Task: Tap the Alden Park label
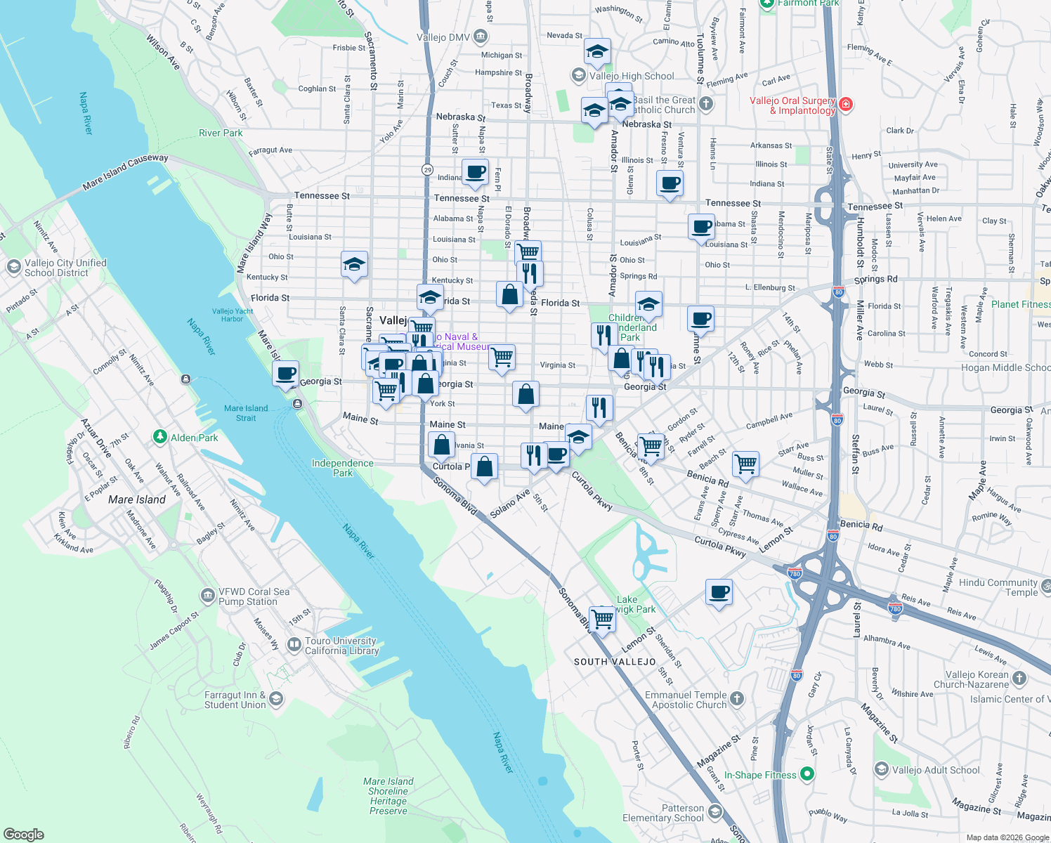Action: (x=194, y=438)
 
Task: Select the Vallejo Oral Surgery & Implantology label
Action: (x=792, y=105)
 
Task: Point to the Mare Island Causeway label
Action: (x=125, y=172)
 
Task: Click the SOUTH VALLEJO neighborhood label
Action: (x=615, y=662)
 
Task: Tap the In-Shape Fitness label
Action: (x=760, y=775)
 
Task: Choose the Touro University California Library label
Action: (x=341, y=646)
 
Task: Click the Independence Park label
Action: (x=343, y=468)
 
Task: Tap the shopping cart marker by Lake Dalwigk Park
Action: (x=603, y=619)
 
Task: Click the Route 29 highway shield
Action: (x=427, y=170)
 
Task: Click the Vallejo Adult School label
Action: (x=936, y=770)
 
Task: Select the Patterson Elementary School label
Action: (x=663, y=813)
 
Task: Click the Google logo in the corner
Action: (x=24, y=835)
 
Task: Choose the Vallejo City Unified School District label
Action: (x=65, y=268)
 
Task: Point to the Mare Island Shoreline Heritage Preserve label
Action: (x=389, y=796)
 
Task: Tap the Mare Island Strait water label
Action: (x=246, y=413)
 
